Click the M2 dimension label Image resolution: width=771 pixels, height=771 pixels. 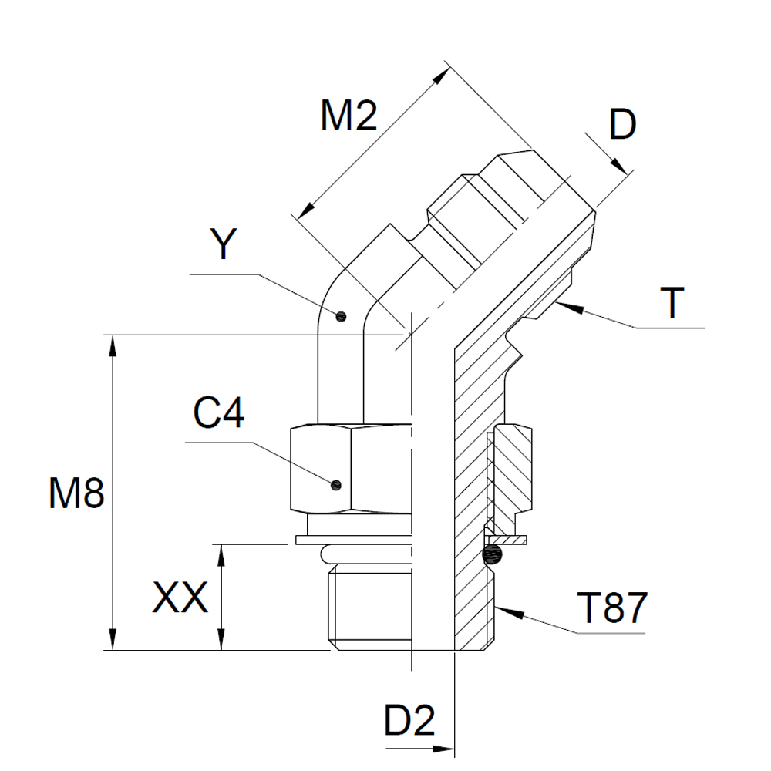coord(348,116)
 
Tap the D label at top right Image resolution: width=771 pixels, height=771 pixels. coord(622,125)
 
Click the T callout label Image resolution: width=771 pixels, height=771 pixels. coord(672,302)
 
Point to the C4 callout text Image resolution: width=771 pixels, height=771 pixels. coord(218,413)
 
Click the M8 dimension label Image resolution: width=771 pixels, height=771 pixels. coord(76,493)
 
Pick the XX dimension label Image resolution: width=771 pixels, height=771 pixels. coord(180,598)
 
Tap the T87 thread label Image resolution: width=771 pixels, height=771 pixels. coord(611,608)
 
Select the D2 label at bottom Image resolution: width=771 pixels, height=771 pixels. coord(409,721)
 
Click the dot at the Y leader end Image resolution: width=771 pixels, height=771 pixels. coord(341,316)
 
